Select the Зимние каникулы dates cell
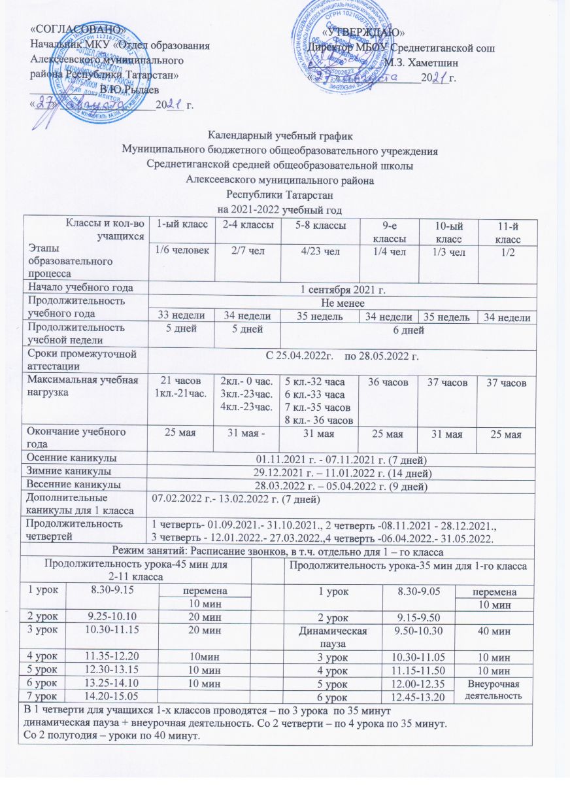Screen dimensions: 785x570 341,471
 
